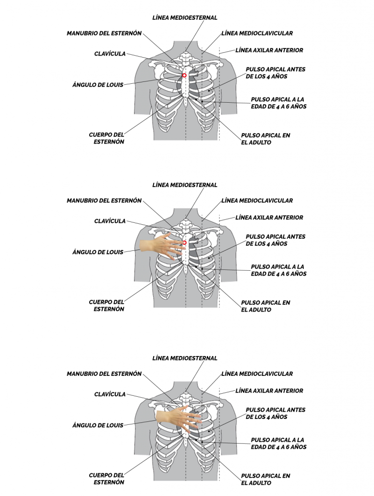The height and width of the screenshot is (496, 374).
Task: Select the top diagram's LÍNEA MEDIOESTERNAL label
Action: point(185,18)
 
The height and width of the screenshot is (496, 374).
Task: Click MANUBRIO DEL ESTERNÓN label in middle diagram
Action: point(104,201)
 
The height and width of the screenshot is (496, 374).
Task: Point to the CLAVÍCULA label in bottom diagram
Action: point(110,394)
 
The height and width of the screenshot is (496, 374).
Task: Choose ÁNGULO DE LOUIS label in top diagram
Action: point(98,85)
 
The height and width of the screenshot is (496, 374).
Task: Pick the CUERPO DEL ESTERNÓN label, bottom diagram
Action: point(107,479)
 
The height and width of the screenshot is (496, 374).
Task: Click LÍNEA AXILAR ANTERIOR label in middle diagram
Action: point(269,217)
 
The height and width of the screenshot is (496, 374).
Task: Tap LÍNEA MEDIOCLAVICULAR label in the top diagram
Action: point(257,33)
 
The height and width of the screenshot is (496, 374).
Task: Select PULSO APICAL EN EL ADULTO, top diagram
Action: point(265,139)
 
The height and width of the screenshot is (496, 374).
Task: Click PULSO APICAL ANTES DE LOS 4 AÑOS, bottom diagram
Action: point(276,414)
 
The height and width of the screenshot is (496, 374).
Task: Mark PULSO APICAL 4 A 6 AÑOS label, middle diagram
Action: point(279,270)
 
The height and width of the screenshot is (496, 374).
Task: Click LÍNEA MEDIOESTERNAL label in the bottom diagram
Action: point(185,358)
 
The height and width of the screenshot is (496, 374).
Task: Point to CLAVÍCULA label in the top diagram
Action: point(110,54)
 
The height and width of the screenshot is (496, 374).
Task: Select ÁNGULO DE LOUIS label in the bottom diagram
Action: point(98,425)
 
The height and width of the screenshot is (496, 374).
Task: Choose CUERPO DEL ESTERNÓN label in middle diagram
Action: point(107,306)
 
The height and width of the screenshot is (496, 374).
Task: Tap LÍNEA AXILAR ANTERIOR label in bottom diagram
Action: point(269,391)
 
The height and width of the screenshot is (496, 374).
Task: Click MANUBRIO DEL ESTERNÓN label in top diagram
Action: point(104,33)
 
